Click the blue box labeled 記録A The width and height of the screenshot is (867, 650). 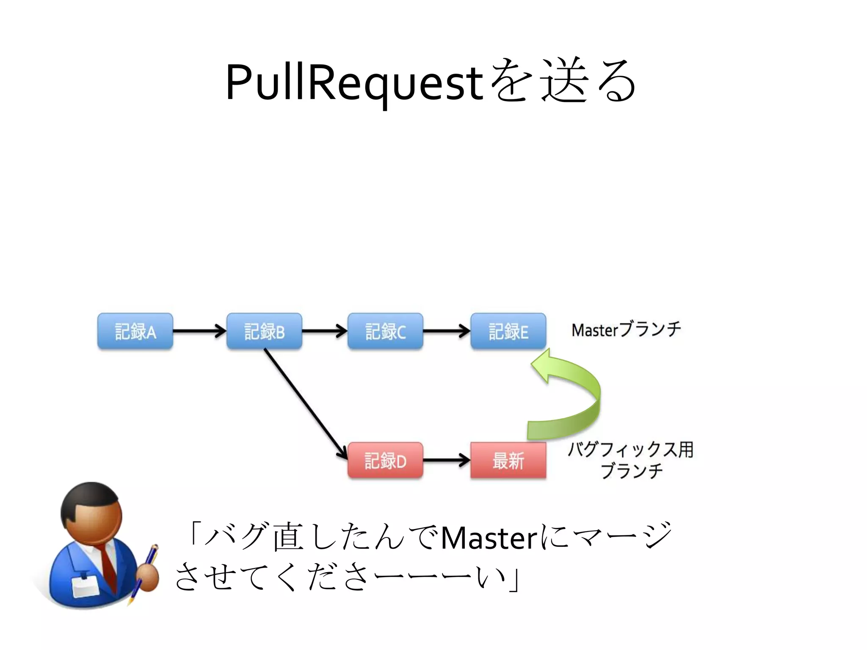click(135, 331)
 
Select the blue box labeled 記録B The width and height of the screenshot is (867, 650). click(264, 331)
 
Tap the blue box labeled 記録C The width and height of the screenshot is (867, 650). click(385, 331)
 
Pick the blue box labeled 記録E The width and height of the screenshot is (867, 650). click(508, 331)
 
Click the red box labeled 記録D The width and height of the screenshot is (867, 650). click(385, 460)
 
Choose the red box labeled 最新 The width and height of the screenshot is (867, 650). click(508, 460)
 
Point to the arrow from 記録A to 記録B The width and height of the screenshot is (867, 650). click(199, 331)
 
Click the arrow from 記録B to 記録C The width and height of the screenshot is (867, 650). click(324, 331)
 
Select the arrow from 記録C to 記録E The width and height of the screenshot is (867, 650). click(446, 331)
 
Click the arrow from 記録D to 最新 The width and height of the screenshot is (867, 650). click(446, 460)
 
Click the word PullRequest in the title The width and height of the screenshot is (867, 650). click(354, 83)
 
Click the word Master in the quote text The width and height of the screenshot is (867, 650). click(489, 539)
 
